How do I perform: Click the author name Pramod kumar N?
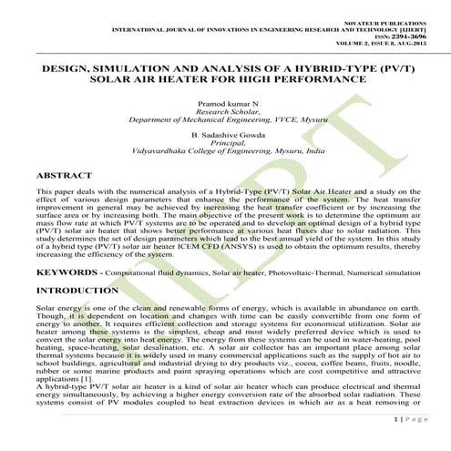(x=226, y=107)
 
